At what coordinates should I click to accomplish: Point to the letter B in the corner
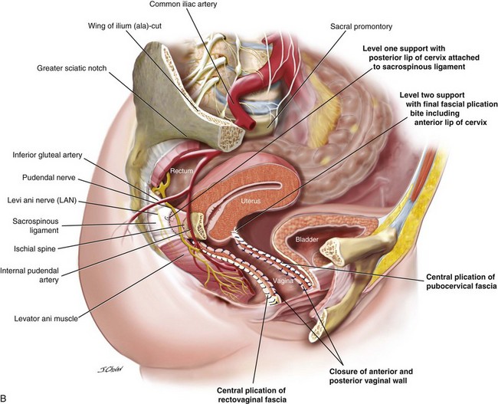(6, 398)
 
